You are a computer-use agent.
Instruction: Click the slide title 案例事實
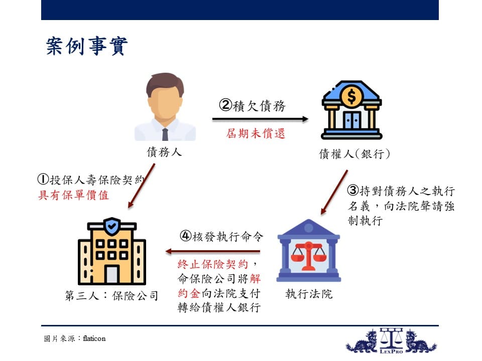pyautogui.click(x=87, y=46)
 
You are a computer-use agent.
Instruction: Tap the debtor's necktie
pyautogui.click(x=165, y=134)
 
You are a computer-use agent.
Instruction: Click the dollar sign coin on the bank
pyautogui.click(x=351, y=96)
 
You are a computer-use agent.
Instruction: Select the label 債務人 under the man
pyautogui.click(x=165, y=152)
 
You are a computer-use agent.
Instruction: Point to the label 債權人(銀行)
pyautogui.click(x=354, y=154)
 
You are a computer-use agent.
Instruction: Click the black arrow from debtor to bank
pyautogui.click(x=260, y=119)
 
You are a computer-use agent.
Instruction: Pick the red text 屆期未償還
pyautogui.click(x=256, y=133)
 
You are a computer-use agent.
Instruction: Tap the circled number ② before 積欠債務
pyautogui.click(x=225, y=105)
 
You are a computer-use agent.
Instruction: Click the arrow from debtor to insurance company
pyautogui.click(x=142, y=186)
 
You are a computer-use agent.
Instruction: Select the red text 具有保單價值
pyautogui.click(x=73, y=195)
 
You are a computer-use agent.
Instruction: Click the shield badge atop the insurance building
pyautogui.click(x=112, y=226)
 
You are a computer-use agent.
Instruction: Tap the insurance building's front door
pyautogui.click(x=112, y=274)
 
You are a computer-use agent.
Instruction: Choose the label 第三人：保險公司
pyautogui.click(x=111, y=296)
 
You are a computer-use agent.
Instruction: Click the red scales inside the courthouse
pyautogui.click(x=308, y=255)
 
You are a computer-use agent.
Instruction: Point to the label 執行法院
pyautogui.click(x=309, y=294)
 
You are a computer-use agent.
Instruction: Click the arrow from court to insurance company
pyautogui.click(x=213, y=252)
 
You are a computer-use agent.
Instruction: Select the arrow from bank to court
pyautogui.click(x=334, y=192)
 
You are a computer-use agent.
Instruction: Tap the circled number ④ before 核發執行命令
pyautogui.click(x=186, y=236)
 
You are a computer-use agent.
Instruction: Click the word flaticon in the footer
pyautogui.click(x=94, y=338)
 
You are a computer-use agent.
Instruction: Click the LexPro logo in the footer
pyautogui.click(x=391, y=341)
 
